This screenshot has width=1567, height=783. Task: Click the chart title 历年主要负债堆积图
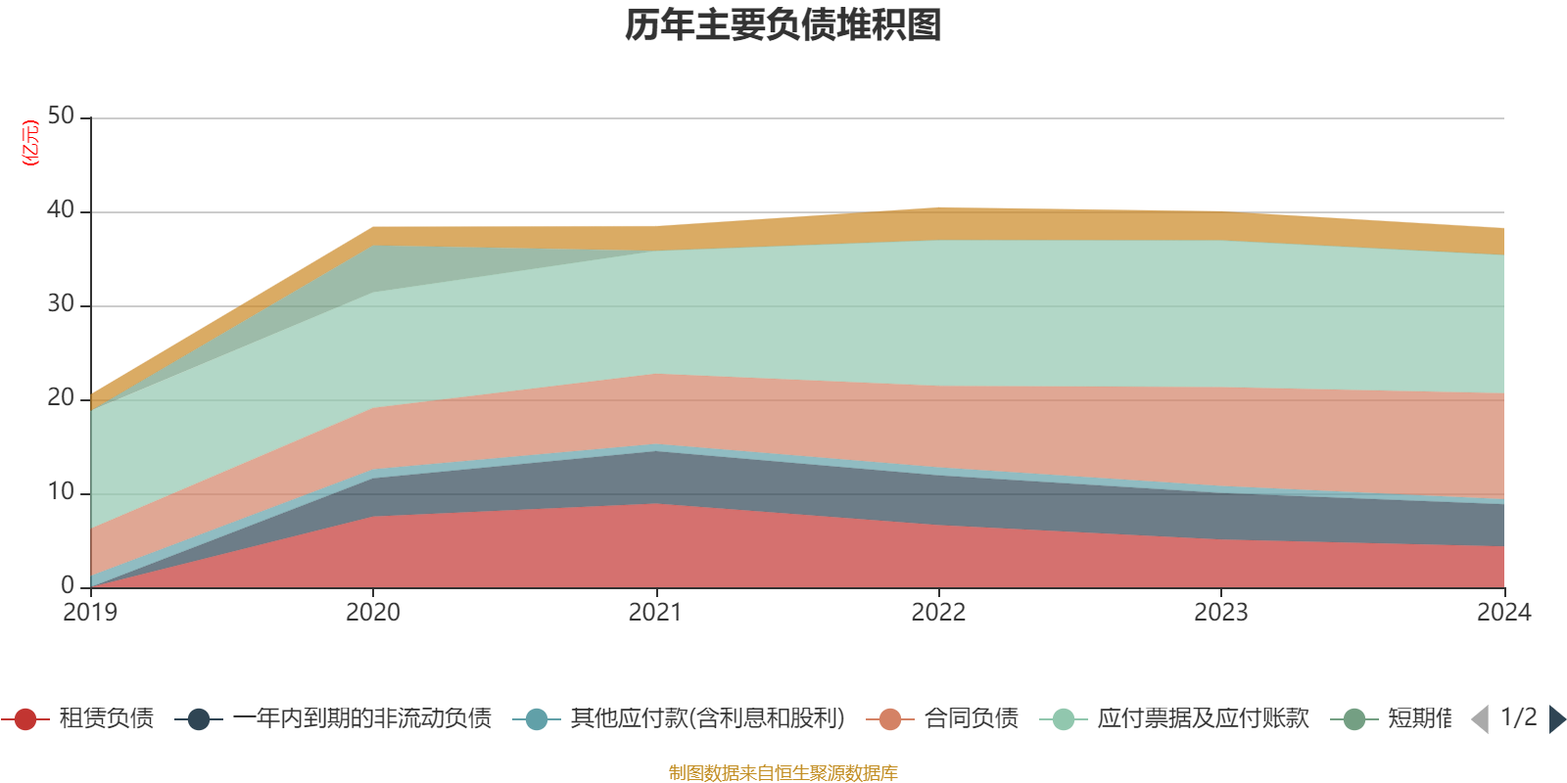coord(783,25)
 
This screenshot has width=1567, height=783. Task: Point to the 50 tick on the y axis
coord(61,116)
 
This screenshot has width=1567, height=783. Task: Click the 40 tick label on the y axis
coord(61,210)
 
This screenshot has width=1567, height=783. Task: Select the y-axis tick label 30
coord(61,304)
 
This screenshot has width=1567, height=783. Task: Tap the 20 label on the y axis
coord(61,398)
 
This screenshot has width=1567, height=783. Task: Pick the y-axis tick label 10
coord(61,492)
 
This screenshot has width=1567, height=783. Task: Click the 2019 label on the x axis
coord(90,613)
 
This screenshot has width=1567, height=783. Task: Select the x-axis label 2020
coord(373,613)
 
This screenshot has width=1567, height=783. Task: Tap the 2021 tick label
coord(655,613)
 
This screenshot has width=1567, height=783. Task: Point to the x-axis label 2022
coord(938,613)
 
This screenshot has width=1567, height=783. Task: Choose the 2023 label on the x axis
coord(1220,613)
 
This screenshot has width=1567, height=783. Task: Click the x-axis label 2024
coord(1503,613)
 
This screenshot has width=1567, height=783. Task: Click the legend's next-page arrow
coord(1557,719)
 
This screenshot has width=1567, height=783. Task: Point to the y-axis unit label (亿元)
coord(31,143)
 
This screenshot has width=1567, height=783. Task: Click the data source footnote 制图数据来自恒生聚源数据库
coord(783,773)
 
